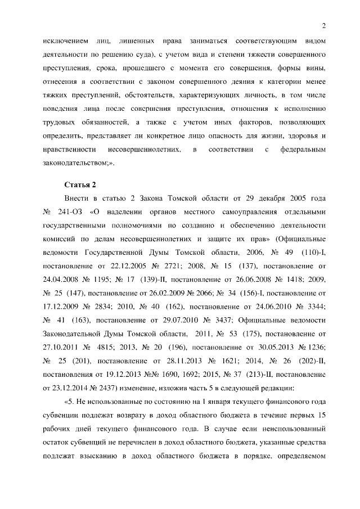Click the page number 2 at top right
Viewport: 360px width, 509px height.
click(325, 25)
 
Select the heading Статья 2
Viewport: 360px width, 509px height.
click(79, 184)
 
